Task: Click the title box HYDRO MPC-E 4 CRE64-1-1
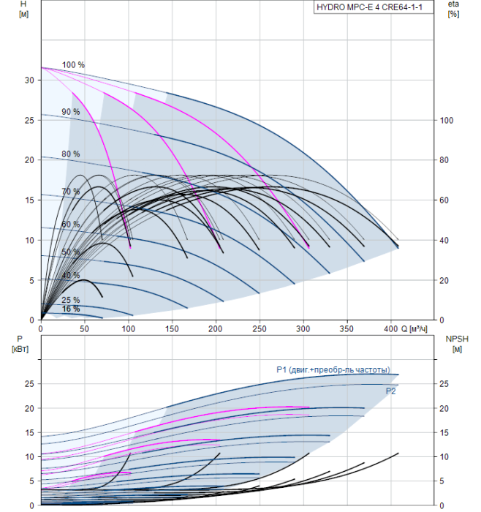374,7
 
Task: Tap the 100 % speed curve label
73,65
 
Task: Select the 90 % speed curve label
71,112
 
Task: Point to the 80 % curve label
71,154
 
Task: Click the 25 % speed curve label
71,300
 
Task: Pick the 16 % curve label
71,309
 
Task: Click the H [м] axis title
23,9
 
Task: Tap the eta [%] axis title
454,9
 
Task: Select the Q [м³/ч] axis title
414,329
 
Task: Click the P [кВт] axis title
20,345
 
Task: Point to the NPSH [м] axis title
457,345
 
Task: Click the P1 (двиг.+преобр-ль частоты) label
333,369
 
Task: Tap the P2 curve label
390,391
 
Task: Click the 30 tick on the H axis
29,80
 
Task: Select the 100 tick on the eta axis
447,121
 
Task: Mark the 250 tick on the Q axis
259,329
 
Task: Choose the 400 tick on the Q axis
390,329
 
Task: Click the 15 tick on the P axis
29,433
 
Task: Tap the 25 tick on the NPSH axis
444,384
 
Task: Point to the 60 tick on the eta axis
444,200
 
